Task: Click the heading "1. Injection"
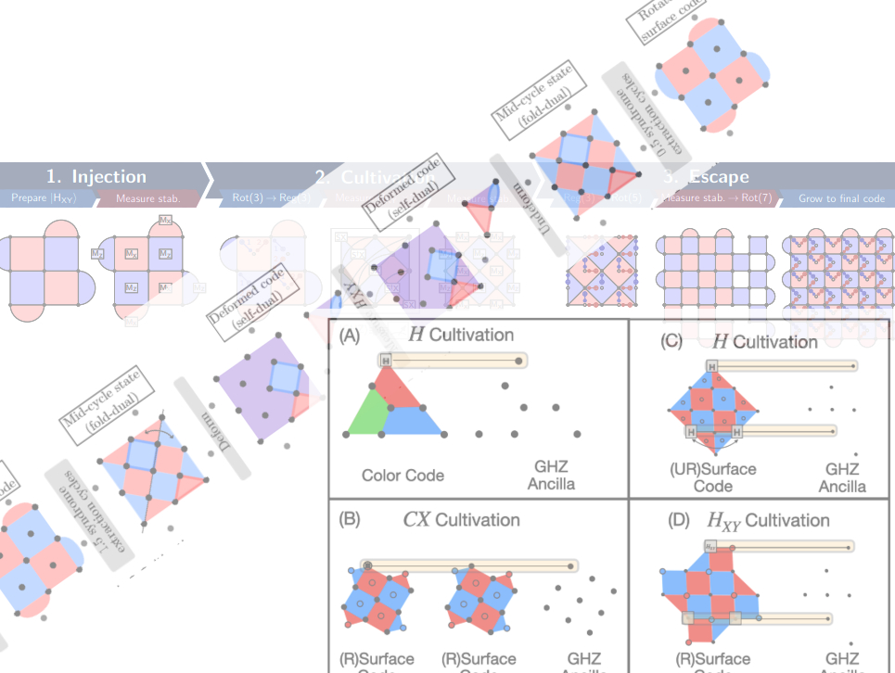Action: click(x=97, y=176)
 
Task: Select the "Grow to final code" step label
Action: click(x=841, y=198)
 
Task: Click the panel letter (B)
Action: click(x=350, y=519)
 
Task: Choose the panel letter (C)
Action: click(x=671, y=340)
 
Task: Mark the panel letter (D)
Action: click(x=678, y=520)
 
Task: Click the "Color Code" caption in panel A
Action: click(x=403, y=476)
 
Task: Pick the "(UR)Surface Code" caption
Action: click(x=712, y=476)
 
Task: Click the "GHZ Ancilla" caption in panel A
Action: click(x=551, y=475)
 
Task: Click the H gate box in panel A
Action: click(x=385, y=360)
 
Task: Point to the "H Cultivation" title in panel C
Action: click(x=764, y=341)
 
